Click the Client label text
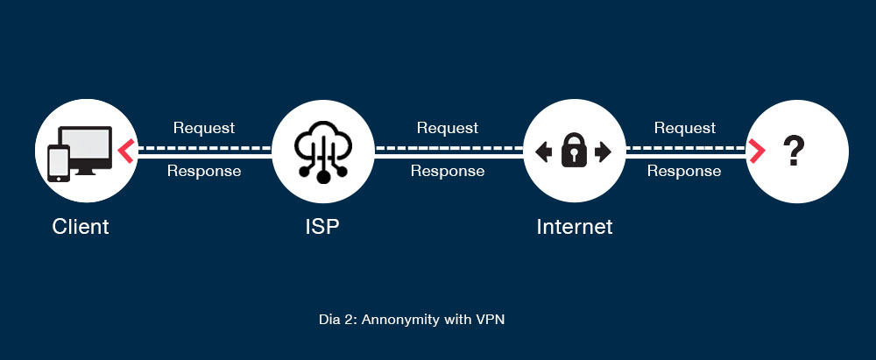81,227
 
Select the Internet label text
575,227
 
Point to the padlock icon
574,150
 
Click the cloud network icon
323,151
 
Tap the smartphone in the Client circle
59,163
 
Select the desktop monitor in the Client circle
87,147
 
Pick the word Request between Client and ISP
203,128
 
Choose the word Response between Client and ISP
203,172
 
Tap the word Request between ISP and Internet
447,128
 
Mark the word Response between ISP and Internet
447,172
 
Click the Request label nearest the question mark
685,128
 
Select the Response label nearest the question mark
684,172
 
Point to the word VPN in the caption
491,320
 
